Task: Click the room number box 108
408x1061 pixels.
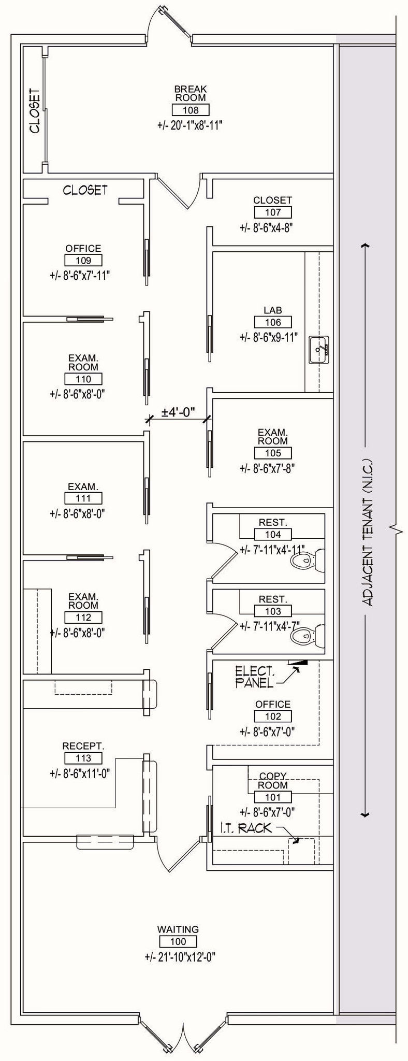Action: [191, 110]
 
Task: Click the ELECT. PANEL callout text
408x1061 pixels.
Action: [255, 677]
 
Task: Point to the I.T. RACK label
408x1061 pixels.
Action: [246, 828]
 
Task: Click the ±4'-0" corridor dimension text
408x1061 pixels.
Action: [178, 412]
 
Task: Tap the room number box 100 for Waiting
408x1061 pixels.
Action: [178, 942]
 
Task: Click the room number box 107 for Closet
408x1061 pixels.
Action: [273, 212]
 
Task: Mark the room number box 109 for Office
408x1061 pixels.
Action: [83, 260]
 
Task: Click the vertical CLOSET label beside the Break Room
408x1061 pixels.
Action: [35, 110]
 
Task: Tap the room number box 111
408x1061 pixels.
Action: [83, 498]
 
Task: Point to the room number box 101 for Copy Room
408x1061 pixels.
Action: [273, 797]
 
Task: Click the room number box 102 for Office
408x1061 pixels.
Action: [273, 716]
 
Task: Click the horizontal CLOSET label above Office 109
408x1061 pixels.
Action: [85, 190]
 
